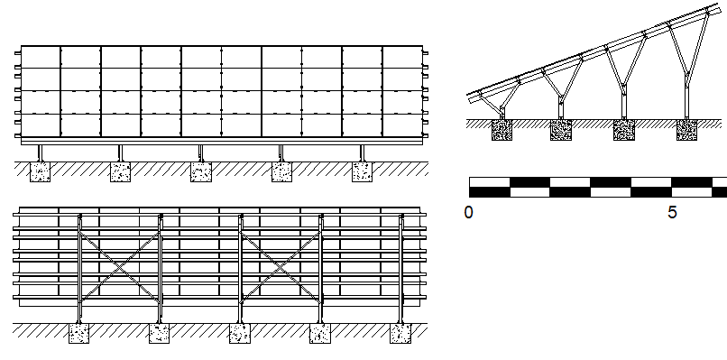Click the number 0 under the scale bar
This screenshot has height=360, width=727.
coord(469,213)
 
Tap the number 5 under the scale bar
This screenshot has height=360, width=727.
coord(672,213)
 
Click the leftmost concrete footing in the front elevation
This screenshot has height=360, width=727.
coord(40,171)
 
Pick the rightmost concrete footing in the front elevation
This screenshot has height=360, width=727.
coord(362,171)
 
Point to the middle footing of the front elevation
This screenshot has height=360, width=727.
coord(200,171)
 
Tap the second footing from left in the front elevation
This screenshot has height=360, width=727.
coord(121,171)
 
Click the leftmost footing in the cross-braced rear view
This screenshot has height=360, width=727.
coord(79,334)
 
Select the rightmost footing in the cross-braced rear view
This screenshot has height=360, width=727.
coord(400,334)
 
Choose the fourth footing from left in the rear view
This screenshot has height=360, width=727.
coord(320,334)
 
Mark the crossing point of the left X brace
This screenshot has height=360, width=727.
coord(120,267)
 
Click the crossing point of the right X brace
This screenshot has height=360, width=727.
coord(281,267)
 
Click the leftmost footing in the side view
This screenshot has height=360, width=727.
coord(502,131)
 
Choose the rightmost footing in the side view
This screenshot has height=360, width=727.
coord(688,131)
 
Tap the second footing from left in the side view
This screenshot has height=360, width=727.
coord(562,131)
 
